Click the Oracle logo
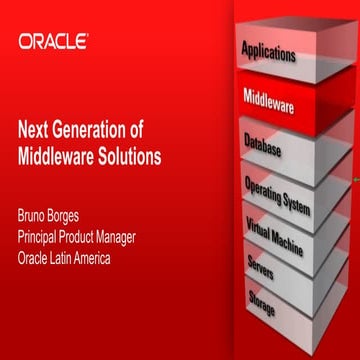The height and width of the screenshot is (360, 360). pos(53,42)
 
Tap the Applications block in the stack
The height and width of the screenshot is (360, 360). pos(268,51)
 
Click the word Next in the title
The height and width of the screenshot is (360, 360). pos(36,129)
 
